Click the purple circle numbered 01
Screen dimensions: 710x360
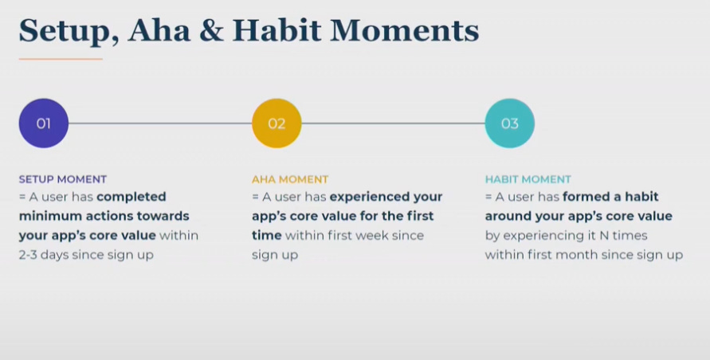pyautogui.click(x=44, y=123)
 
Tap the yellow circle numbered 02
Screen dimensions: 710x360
pyautogui.click(x=277, y=123)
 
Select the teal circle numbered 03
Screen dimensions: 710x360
pyautogui.click(x=510, y=123)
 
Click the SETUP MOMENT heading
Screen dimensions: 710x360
pyautogui.click(x=63, y=179)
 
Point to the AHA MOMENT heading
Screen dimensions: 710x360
pyautogui.click(x=290, y=179)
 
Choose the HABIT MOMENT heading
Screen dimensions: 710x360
pyautogui.click(x=528, y=179)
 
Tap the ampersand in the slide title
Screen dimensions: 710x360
pyautogui.click(x=211, y=31)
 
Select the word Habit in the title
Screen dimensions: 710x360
pyautogui.click(x=277, y=30)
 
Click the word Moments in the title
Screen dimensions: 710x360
pyautogui.click(x=404, y=31)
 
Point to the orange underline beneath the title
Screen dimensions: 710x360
pyautogui.click(x=61, y=59)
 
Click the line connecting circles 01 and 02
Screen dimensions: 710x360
pyautogui.click(x=160, y=123)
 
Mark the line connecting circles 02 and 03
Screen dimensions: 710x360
pyautogui.click(x=394, y=123)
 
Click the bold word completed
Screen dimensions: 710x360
pyautogui.click(x=131, y=198)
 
